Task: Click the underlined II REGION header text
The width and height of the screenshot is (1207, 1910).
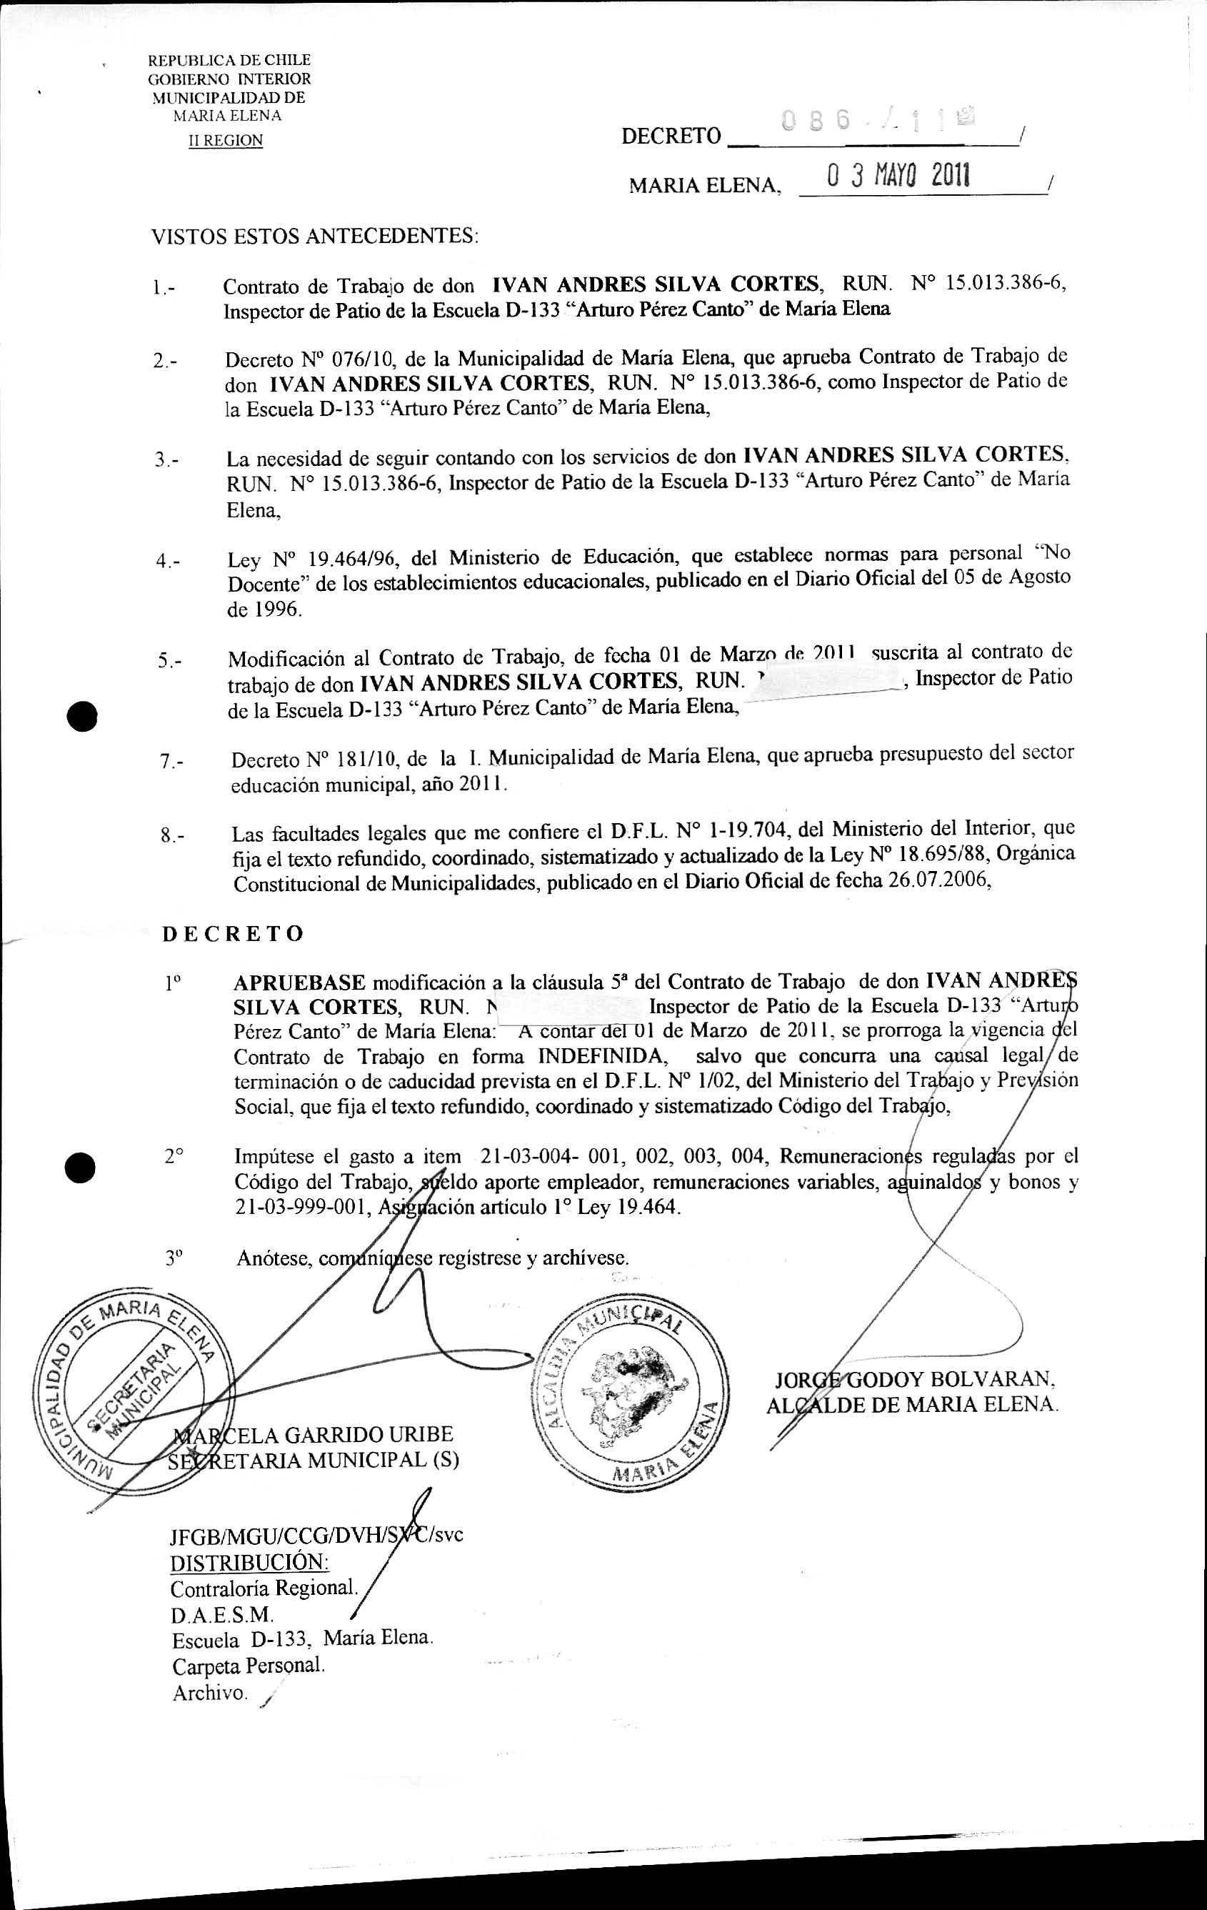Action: coord(225,140)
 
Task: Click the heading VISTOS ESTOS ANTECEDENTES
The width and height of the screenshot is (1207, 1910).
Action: coord(315,236)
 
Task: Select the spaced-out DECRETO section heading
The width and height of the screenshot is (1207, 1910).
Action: coord(232,934)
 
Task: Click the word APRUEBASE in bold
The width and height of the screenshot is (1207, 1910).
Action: coord(299,983)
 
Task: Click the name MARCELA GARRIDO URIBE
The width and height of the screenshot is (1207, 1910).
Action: coord(314,1434)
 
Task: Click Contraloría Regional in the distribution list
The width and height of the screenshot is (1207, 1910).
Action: coord(264,1588)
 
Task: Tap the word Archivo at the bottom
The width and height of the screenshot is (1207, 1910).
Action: coord(209,1693)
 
